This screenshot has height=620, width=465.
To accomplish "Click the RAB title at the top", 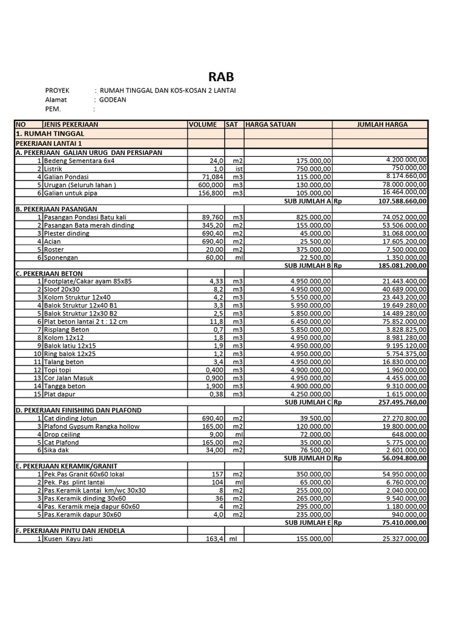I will pyautogui.click(x=220, y=77).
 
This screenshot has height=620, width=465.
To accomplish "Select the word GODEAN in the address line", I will pyautogui.click(x=113, y=100).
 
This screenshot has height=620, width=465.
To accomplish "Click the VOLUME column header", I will pyautogui.click(x=203, y=124).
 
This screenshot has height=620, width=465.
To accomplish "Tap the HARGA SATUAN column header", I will pyautogui.click(x=271, y=124).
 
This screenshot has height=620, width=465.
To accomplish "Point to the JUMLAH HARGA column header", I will pyautogui.click(x=383, y=124).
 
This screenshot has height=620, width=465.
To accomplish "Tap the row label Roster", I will pyautogui.click(x=53, y=249).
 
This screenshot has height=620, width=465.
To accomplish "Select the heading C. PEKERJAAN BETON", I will pyautogui.click(x=50, y=273).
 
